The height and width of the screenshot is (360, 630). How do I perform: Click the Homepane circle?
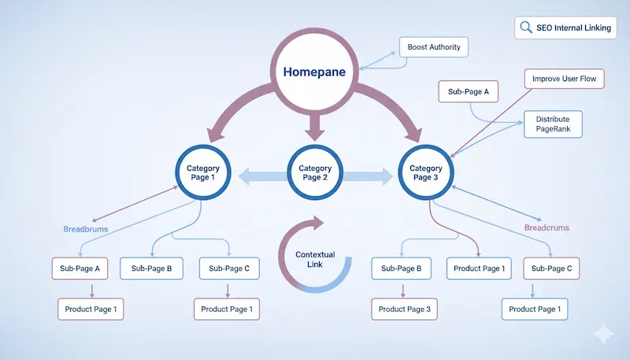pyautogui.click(x=315, y=71)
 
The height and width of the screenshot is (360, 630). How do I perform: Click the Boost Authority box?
pyautogui.click(x=434, y=48)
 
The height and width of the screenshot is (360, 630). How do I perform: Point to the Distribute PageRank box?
pyautogui.click(x=553, y=124)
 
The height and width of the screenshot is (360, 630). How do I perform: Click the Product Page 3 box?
pyautogui.click(x=404, y=310)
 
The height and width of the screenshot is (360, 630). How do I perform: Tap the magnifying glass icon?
pyautogui.click(x=525, y=28)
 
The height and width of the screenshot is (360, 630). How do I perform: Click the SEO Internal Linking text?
pyautogui.click(x=572, y=28)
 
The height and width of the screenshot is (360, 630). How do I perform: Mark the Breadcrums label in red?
pyautogui.click(x=546, y=228)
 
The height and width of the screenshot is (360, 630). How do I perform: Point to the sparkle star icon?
pyautogui.click(x=603, y=333)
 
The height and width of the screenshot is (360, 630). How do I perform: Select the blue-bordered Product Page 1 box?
pyautogui.click(x=534, y=310)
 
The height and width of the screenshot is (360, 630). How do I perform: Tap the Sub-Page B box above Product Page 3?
pyautogui.click(x=402, y=269)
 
